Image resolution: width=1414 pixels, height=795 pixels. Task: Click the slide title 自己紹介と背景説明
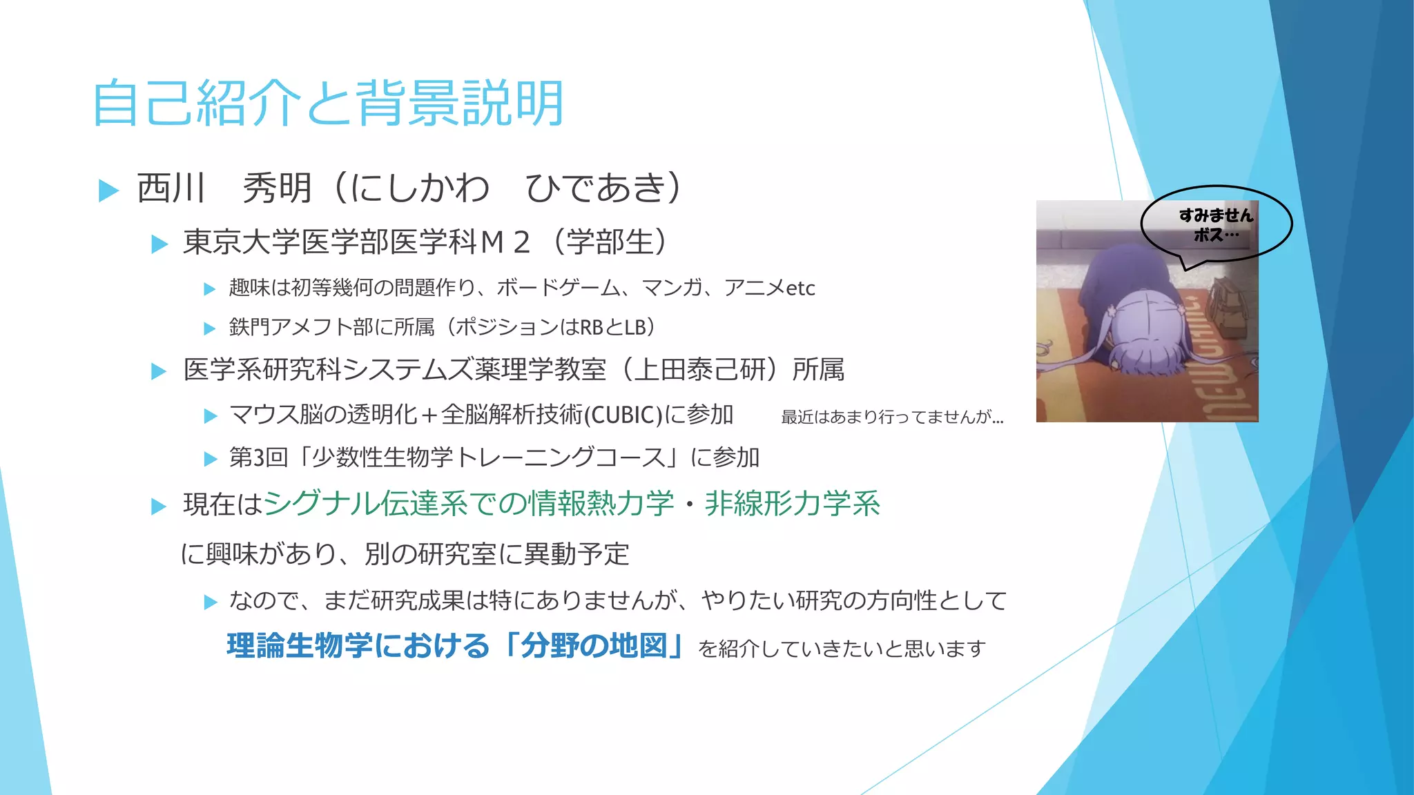click(329, 104)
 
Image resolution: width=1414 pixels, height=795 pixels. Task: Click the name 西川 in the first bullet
click(171, 188)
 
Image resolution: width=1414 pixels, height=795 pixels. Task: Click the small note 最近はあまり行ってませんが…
click(892, 417)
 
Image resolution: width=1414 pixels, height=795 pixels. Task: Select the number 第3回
click(258, 458)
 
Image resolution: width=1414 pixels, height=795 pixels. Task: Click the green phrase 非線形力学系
click(792, 504)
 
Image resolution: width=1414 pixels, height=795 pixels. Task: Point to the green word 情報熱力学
click(601, 504)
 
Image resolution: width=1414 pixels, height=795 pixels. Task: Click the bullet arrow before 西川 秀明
click(109, 190)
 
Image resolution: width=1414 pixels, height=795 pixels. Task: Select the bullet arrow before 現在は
click(159, 507)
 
